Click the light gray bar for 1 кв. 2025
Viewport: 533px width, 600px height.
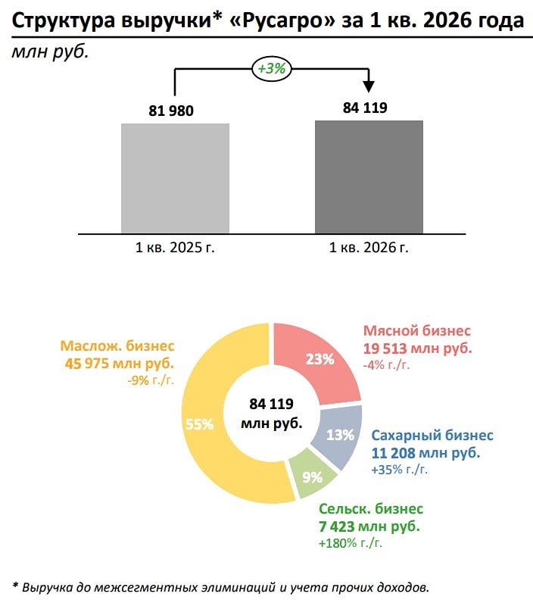(x=175, y=178)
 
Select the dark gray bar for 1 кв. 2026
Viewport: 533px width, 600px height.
(x=369, y=177)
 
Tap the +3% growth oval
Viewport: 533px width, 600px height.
(x=271, y=69)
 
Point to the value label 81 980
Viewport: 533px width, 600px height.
(x=171, y=111)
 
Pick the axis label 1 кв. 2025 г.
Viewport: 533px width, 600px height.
(x=175, y=248)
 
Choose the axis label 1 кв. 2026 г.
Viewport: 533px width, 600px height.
(x=369, y=248)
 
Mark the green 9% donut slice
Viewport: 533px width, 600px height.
(x=311, y=477)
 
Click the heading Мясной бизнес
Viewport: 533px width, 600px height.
(x=417, y=331)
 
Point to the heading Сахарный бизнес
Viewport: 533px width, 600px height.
(x=432, y=436)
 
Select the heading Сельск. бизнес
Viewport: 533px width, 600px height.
(x=371, y=509)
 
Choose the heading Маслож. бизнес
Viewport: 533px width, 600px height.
(x=117, y=345)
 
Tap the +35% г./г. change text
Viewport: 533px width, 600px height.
(x=400, y=470)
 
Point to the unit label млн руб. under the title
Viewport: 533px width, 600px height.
(x=46, y=52)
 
